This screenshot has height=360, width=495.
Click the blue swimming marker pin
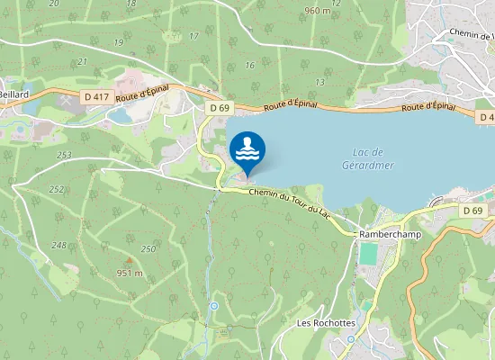tap(247, 149)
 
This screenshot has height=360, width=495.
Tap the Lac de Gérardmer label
tap(364, 158)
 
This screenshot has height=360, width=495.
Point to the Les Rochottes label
tap(327, 322)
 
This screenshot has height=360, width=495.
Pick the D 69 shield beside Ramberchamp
tap(473, 211)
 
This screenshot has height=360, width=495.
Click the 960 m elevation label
tap(318, 11)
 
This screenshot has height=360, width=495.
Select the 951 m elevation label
tap(130, 273)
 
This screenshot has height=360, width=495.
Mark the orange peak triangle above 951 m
tap(130, 260)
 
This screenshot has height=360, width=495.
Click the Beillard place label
tap(13, 94)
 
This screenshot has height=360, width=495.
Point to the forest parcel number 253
tap(63, 155)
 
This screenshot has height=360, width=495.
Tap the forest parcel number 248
tap(59, 245)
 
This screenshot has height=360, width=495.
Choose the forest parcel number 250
tap(148, 248)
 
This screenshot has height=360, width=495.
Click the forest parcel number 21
tap(83, 61)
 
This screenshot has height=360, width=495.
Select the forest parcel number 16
tap(249, 65)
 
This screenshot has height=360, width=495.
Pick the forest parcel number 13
tap(319, 82)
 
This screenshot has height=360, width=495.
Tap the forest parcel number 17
tap(194, 36)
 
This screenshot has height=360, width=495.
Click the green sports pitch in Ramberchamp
tap(367, 254)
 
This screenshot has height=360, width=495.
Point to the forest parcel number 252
tap(57, 189)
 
